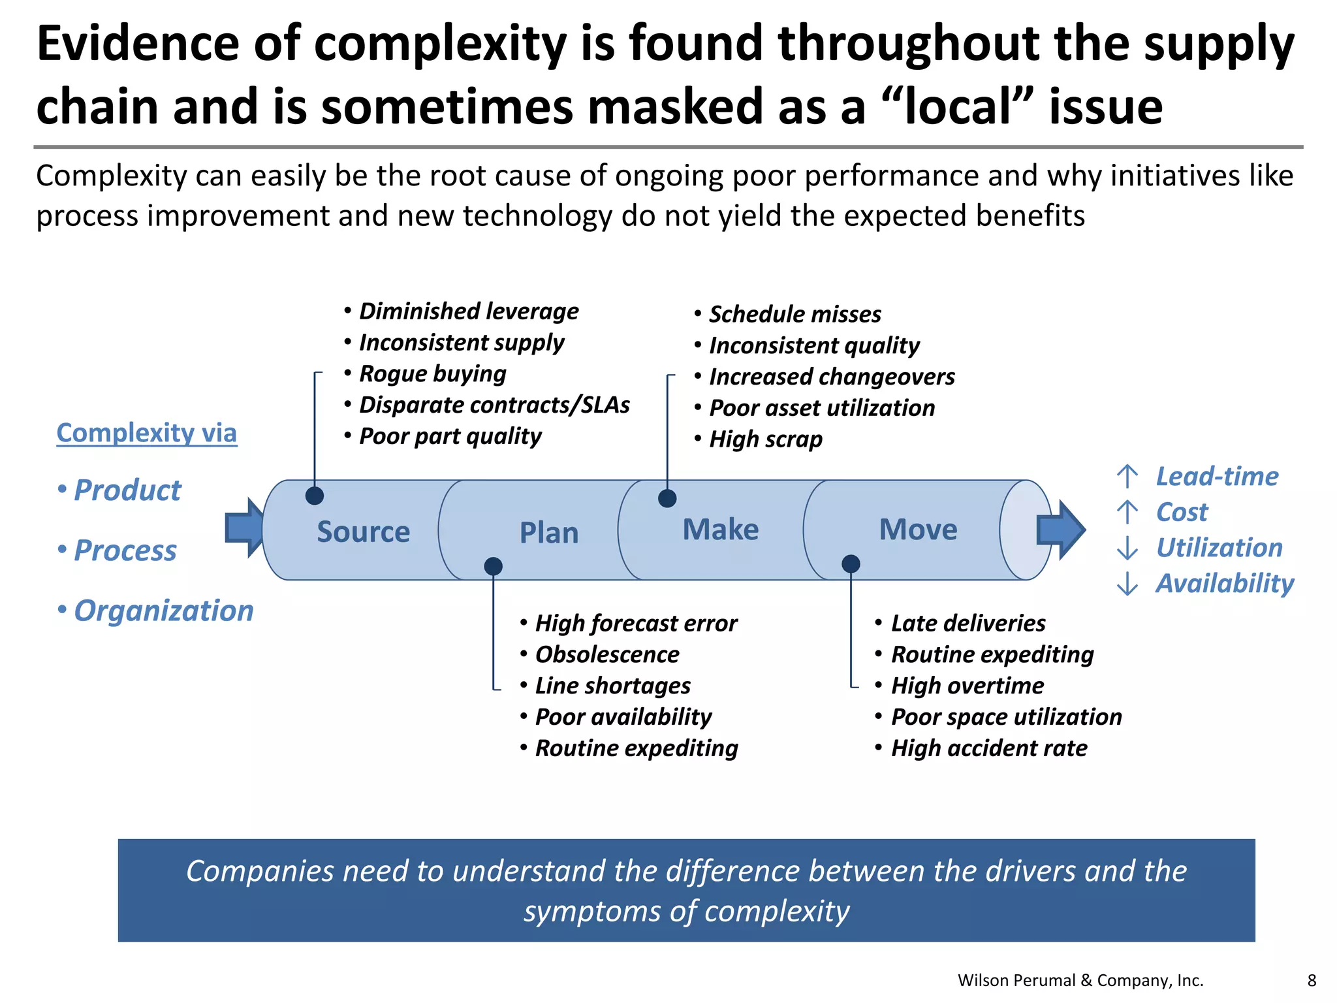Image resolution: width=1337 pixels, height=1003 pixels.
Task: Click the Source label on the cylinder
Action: click(363, 532)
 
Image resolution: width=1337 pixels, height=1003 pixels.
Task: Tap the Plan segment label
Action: click(548, 533)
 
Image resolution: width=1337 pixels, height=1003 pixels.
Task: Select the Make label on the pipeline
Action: click(720, 529)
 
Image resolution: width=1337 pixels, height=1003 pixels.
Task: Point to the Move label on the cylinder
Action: click(918, 529)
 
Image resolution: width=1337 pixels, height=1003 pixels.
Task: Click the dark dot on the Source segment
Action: click(315, 496)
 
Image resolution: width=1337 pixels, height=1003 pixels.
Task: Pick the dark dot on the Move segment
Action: click(851, 564)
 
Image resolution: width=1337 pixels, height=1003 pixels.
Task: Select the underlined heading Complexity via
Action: click(147, 433)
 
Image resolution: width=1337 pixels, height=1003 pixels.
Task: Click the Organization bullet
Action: click(163, 611)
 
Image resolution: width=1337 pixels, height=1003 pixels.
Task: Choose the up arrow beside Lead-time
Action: click(1127, 477)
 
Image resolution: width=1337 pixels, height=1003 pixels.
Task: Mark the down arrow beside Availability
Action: click(1127, 583)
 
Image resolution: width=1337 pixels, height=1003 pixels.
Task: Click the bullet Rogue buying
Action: click(432, 374)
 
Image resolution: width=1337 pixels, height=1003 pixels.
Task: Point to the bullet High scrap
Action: click(765, 439)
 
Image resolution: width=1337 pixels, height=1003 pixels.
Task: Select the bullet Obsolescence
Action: click(606, 654)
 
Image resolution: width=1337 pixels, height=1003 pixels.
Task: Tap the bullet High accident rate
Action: click(988, 748)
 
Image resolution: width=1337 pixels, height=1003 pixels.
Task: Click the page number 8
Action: click(1312, 980)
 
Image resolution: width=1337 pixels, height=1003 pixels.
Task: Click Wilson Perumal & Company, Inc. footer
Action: click(1080, 980)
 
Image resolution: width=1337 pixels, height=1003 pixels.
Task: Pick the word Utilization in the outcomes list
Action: click(1219, 548)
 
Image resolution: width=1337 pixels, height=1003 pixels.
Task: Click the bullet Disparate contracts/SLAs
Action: click(494, 405)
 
